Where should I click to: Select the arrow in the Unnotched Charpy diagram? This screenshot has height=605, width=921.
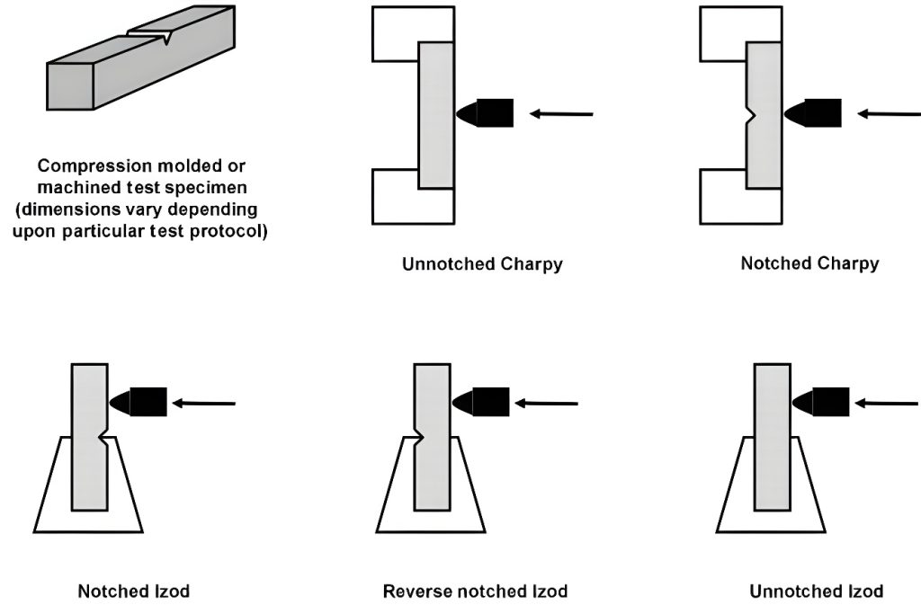[561, 114]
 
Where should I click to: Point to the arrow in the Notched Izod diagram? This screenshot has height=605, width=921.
[203, 404]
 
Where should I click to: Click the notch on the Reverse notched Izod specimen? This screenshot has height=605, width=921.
[419, 440]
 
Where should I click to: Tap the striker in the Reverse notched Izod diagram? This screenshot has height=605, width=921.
[481, 402]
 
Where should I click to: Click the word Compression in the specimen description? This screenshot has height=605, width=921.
[87, 167]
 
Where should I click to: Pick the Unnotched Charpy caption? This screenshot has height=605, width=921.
[482, 264]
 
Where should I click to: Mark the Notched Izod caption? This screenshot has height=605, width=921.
[134, 592]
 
